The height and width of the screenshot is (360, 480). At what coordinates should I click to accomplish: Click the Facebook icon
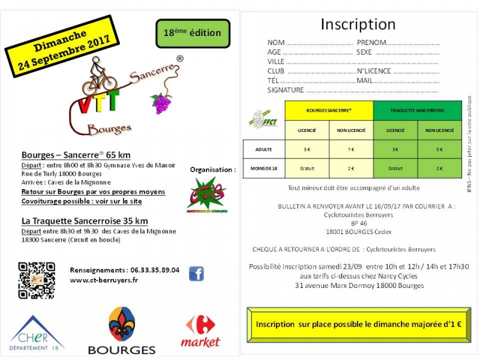coord(196,274)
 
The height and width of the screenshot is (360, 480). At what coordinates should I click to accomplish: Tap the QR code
coord(37,280)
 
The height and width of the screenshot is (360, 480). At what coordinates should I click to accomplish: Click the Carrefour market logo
coord(200,331)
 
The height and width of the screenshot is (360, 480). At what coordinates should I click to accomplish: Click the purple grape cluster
coord(161,103)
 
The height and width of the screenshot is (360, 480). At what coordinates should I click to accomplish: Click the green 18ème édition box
coord(192,33)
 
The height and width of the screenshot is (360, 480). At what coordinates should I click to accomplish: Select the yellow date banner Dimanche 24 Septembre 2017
coord(60,47)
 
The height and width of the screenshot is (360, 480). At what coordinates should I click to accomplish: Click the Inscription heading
coord(358,24)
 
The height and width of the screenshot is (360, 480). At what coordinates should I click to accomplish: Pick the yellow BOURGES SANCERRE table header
coord(329,111)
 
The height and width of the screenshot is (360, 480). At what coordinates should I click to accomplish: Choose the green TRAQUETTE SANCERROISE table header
coord(418,111)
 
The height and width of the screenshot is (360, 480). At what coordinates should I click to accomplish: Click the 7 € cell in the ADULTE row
coord(351,149)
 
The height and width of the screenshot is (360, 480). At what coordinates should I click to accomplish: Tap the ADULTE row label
coord(263,149)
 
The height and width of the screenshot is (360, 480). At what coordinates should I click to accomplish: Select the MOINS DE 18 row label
coord(263,168)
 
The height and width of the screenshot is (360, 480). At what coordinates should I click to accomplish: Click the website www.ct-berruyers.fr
coord(103,280)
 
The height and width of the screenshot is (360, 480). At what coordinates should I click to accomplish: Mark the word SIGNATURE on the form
coord(286,90)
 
